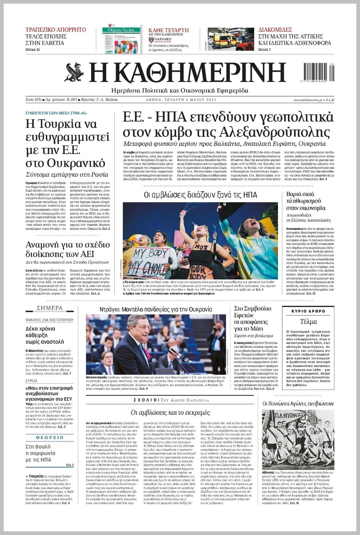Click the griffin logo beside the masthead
[x=75, y=72]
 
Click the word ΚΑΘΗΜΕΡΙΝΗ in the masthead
[x=188, y=73]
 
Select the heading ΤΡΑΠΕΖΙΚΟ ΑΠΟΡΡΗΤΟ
[x=56, y=30]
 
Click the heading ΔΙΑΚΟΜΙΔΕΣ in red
[x=275, y=30]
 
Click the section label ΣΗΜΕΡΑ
[x=50, y=308]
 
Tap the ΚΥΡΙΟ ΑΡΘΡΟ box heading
[x=308, y=311]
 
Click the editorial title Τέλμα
[x=308, y=322]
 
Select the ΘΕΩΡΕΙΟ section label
[x=50, y=438]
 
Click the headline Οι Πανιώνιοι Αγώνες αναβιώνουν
[x=298, y=404]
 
